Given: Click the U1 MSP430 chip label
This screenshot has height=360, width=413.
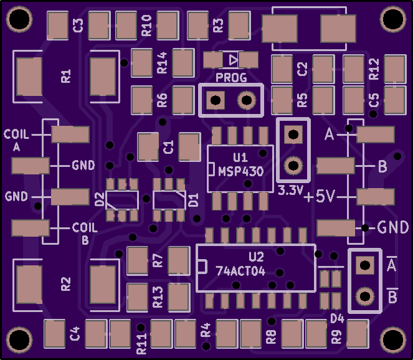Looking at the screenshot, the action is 240,165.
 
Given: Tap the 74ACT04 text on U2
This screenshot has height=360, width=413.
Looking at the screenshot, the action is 240,271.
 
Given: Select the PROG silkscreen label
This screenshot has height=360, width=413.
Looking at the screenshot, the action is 231,78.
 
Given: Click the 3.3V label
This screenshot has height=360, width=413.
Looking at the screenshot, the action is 290,190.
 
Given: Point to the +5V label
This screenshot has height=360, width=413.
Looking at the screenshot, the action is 319,196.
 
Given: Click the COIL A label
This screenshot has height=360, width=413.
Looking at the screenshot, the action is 16,140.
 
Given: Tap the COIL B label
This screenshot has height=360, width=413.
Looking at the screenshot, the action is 85,234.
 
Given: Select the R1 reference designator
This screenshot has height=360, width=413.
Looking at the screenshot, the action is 66,76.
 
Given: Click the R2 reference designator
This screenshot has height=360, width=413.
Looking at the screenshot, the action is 66,284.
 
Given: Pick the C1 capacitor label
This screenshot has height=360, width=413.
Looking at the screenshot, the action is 169,147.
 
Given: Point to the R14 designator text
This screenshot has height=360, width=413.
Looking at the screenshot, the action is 162,63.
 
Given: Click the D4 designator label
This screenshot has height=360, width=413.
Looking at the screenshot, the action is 338,319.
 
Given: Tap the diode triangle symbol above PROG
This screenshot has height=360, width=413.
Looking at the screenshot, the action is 233,60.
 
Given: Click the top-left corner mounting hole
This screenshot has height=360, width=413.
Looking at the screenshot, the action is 19,19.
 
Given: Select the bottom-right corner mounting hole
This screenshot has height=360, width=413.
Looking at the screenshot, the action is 393,339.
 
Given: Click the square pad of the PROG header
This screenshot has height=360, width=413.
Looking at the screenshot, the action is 216,100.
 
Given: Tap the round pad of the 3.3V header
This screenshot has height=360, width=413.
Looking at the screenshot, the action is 293,166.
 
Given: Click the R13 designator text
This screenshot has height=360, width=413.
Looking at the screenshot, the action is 158,297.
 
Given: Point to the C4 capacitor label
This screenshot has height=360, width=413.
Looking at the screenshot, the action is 75,333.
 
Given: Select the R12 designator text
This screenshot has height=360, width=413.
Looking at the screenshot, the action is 374,69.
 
